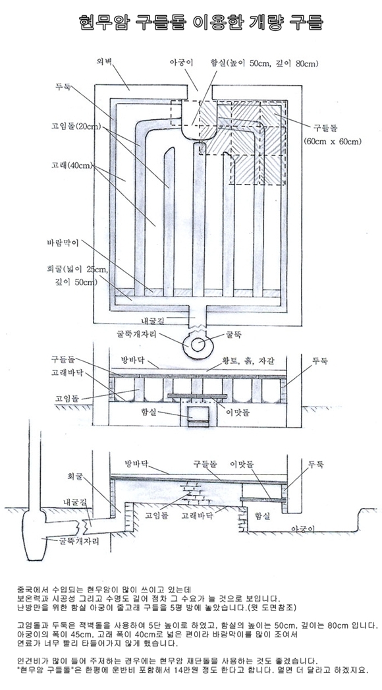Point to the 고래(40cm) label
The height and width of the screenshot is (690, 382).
70,166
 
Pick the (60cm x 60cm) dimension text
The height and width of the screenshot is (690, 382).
333,141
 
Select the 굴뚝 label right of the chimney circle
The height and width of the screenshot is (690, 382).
233,335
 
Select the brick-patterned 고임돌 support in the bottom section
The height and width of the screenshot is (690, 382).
195,494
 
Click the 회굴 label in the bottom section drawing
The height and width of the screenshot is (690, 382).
74,476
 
